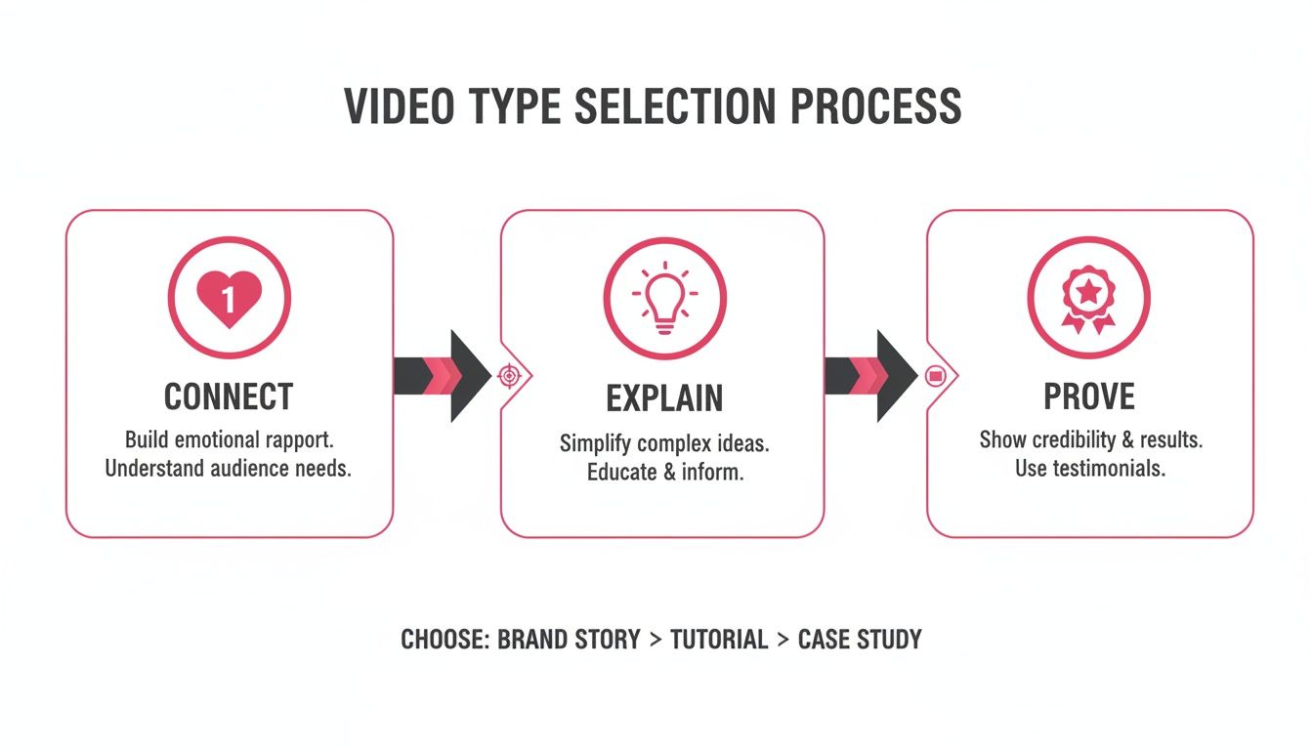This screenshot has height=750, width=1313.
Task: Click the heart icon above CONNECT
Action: coord(229,296)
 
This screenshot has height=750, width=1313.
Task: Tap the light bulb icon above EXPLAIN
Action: coord(663,296)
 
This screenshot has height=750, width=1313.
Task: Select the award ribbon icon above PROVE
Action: coord(1088,296)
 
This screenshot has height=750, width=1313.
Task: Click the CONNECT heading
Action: coord(229,396)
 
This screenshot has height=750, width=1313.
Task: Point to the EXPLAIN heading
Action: coord(664,398)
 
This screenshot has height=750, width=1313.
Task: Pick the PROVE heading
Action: coord(1089,396)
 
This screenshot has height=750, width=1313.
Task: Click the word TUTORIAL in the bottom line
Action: coord(718,640)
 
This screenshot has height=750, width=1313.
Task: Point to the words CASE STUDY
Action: coord(860,640)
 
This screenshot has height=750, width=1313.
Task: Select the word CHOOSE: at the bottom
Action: coord(445,640)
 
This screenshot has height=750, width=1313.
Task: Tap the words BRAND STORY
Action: coord(569,640)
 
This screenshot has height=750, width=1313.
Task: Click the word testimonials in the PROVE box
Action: coord(1107,468)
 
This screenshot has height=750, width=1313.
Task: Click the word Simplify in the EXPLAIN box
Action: coord(596,443)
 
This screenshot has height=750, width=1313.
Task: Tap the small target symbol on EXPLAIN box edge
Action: coord(508,375)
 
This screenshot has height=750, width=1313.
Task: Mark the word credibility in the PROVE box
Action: coord(1071,439)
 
